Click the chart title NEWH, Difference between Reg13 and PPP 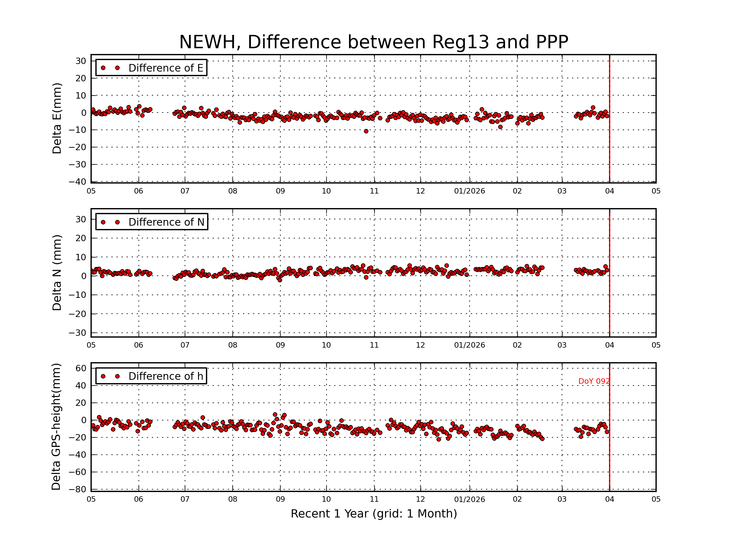point(373,42)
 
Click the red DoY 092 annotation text point(594,381)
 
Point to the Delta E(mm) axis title point(57,118)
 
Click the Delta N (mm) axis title point(57,272)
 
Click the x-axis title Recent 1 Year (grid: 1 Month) point(374,514)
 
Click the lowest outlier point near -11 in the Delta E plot point(366,131)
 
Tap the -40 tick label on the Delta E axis point(77,182)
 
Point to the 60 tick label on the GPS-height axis point(81,368)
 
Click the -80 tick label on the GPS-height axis point(77,489)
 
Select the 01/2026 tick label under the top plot point(469,191)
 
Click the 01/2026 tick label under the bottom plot point(469,499)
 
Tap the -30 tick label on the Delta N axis point(77,333)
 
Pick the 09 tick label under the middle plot point(280,345)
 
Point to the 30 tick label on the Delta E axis point(81,61)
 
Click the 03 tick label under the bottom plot point(562,499)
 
